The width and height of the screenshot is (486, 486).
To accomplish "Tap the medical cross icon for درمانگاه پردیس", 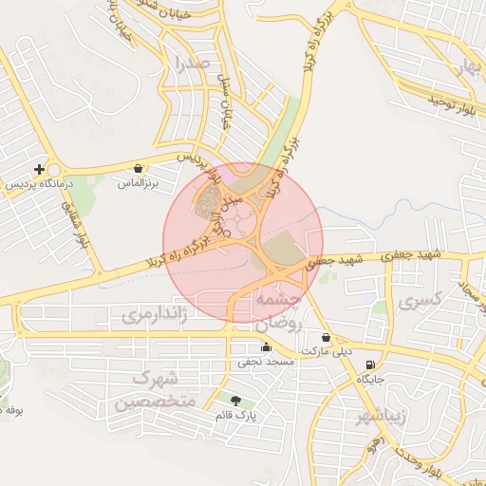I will tap(39, 170).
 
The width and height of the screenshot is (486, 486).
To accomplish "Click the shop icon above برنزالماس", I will tap(140, 168).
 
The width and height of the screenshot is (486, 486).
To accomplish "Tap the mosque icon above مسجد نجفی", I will tap(266, 347).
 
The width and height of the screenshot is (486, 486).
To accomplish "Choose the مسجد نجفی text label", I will tap(267, 362).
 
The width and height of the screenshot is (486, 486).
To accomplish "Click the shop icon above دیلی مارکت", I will tap(327, 338).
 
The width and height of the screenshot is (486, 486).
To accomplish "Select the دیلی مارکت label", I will tap(326, 351).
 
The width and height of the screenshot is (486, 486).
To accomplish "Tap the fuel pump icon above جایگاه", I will tap(369, 364).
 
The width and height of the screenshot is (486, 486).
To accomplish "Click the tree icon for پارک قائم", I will tap(235, 402).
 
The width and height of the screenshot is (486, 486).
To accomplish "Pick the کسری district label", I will tap(421, 303).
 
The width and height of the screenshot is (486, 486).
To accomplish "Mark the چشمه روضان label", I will tap(276, 310).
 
